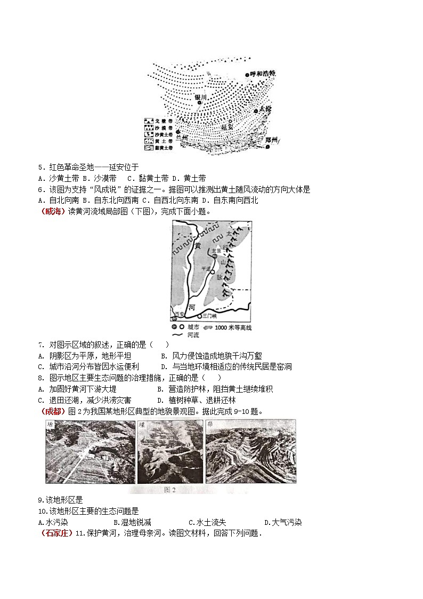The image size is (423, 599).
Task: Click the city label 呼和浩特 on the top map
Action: (263, 74)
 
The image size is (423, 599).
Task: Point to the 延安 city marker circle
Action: (231, 121)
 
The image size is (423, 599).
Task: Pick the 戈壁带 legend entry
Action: (160, 122)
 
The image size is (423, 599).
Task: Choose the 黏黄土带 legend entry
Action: (160, 147)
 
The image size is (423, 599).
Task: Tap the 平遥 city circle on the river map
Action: (213, 276)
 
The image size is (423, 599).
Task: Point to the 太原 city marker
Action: (215, 257)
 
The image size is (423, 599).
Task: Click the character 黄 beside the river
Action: (197, 245)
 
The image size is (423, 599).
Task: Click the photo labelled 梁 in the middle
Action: (169, 451)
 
